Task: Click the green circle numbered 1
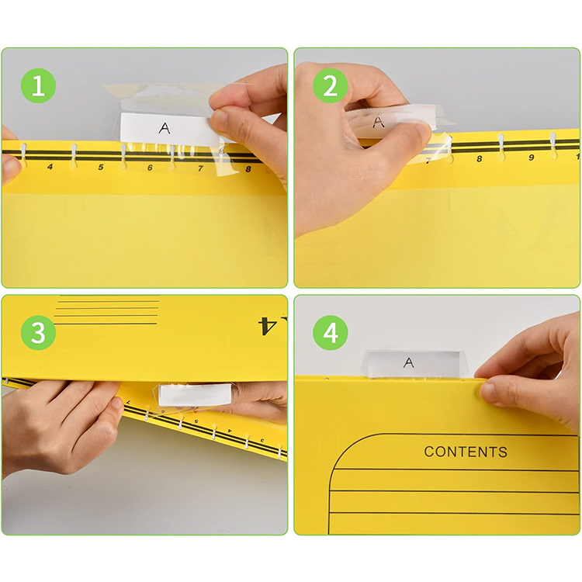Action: click(x=38, y=85)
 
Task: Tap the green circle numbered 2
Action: click(x=331, y=85)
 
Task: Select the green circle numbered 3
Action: click(x=38, y=333)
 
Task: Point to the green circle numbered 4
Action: click(x=331, y=333)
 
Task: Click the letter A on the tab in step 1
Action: click(x=165, y=128)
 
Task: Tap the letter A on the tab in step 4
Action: click(x=409, y=362)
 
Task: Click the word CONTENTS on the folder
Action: click(x=466, y=452)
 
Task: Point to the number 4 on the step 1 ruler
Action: click(x=50, y=167)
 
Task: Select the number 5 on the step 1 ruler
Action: click(x=101, y=168)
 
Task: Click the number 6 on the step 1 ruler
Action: click(x=150, y=168)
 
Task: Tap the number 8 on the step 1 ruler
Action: click(x=248, y=169)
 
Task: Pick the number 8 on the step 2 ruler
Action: click(x=480, y=159)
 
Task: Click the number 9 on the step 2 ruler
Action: click(x=531, y=158)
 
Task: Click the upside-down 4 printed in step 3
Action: click(x=267, y=325)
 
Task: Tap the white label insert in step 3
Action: click(x=195, y=394)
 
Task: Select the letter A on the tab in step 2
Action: click(x=378, y=121)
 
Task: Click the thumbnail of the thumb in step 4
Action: click(x=487, y=391)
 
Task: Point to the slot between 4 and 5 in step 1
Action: click(x=74, y=157)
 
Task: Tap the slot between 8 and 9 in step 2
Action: click(x=501, y=147)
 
